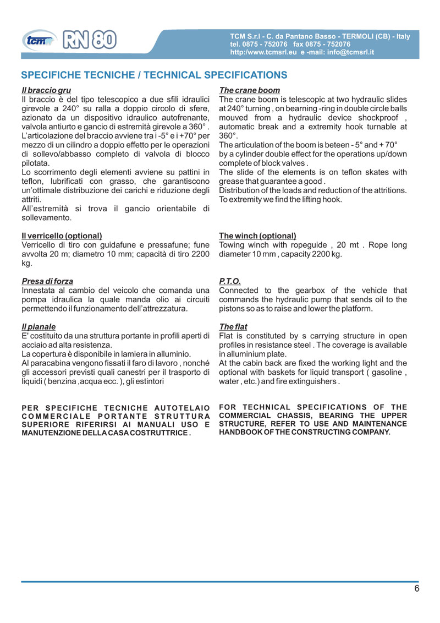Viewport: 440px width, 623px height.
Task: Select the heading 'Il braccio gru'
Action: (46, 90)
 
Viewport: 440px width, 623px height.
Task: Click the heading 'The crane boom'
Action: (249, 90)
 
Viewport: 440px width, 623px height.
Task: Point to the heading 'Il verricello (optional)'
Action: (61, 236)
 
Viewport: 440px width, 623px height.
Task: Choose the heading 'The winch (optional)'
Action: (257, 236)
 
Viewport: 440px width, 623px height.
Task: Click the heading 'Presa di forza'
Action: (47, 281)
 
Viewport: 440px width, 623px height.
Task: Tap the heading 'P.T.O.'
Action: (229, 281)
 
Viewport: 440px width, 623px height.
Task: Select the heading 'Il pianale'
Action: (38, 327)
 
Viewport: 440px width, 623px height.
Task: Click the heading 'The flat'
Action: (233, 327)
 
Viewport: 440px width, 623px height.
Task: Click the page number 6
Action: (417, 588)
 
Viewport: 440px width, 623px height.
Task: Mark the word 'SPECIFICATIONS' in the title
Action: (245, 75)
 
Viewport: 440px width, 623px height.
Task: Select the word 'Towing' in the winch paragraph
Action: (232, 245)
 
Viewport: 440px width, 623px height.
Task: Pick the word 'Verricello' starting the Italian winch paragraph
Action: (40, 245)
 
